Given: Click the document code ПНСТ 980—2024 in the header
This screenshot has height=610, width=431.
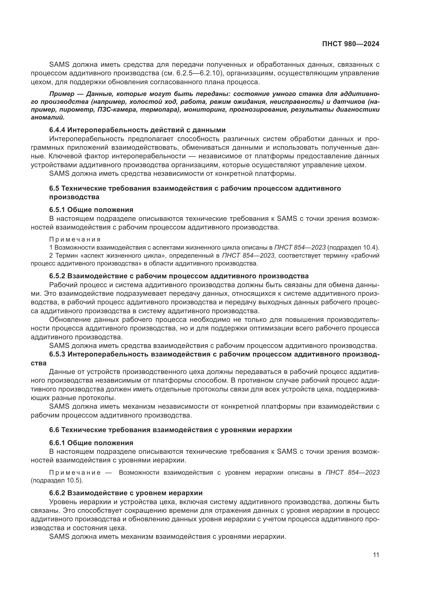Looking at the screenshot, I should pos(350,44).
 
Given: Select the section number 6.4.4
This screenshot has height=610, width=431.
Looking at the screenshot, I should pos(57,130).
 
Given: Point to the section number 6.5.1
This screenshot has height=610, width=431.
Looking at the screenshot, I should pos(57,210).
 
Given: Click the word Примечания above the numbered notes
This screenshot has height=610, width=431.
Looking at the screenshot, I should pos(75,240).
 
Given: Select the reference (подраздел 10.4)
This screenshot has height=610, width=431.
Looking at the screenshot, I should pos(353,247).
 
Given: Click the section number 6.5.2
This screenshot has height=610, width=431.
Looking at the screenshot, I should pos(57,276).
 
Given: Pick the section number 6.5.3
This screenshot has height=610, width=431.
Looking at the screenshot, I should pos(57,354).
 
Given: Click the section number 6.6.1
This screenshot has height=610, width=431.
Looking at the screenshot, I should pos(57,443).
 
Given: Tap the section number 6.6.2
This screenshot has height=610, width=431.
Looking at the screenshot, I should pos(57,493).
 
